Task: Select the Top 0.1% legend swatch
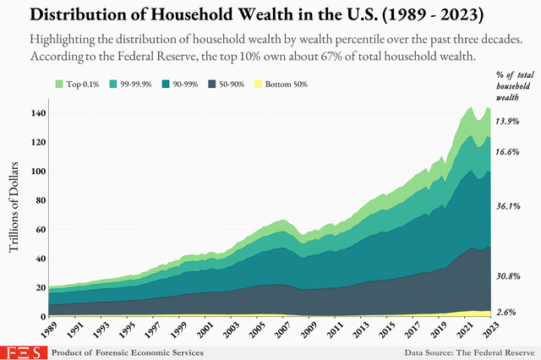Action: (x=59, y=85)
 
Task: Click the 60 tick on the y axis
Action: (x=40, y=229)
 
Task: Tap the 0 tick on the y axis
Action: (x=42, y=316)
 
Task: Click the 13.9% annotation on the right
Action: (x=507, y=122)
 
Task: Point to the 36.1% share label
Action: (x=507, y=206)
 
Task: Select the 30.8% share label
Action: (x=507, y=276)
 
